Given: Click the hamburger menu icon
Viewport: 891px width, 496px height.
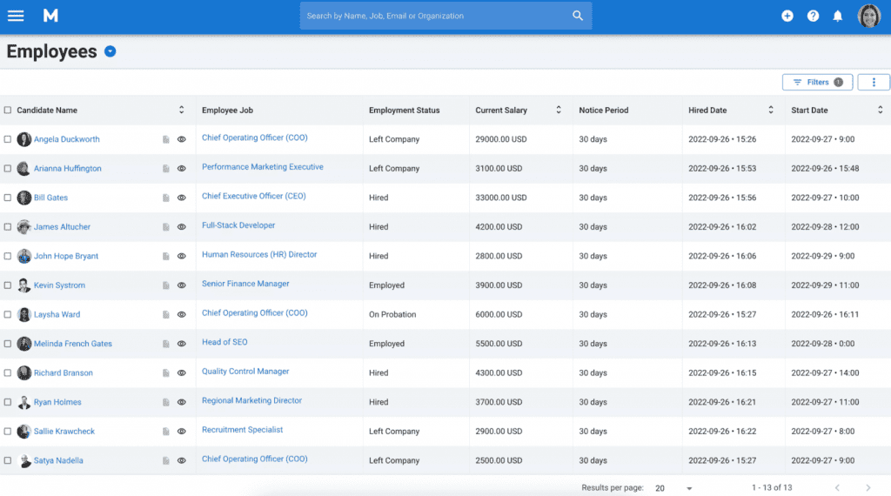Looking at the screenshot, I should point(16,16).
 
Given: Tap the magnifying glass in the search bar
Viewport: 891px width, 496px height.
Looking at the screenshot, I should point(578,16).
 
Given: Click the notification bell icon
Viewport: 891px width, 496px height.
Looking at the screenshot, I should point(837,16).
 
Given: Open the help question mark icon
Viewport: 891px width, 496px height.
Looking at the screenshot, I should point(813,16).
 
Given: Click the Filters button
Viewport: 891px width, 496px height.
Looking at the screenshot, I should point(817,82).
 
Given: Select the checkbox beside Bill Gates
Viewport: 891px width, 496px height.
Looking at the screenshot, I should point(8,198).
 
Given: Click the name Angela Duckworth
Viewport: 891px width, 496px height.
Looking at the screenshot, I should point(66,139).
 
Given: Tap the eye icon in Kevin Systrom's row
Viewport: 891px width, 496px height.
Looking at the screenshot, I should point(182,285).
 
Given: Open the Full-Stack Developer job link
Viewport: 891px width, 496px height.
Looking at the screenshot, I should point(238,225).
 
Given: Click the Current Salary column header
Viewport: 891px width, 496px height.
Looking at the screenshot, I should point(501,111).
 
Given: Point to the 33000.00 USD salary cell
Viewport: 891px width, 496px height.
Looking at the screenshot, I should point(501,198).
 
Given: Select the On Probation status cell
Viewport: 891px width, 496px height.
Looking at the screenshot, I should point(392,314).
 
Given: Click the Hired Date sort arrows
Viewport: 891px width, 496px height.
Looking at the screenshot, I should point(770,111).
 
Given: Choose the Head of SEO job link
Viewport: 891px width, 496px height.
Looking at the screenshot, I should point(224,342).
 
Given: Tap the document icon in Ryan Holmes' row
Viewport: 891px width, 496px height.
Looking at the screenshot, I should point(166,402).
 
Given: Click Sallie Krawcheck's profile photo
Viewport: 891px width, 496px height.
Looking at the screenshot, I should point(24,432).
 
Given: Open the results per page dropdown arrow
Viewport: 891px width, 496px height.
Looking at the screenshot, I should point(689,488).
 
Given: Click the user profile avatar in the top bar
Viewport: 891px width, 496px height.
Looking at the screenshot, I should point(869,16).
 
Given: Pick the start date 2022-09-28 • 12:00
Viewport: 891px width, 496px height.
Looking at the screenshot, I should point(824,227).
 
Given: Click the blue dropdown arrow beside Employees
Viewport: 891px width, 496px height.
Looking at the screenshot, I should point(111,51).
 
